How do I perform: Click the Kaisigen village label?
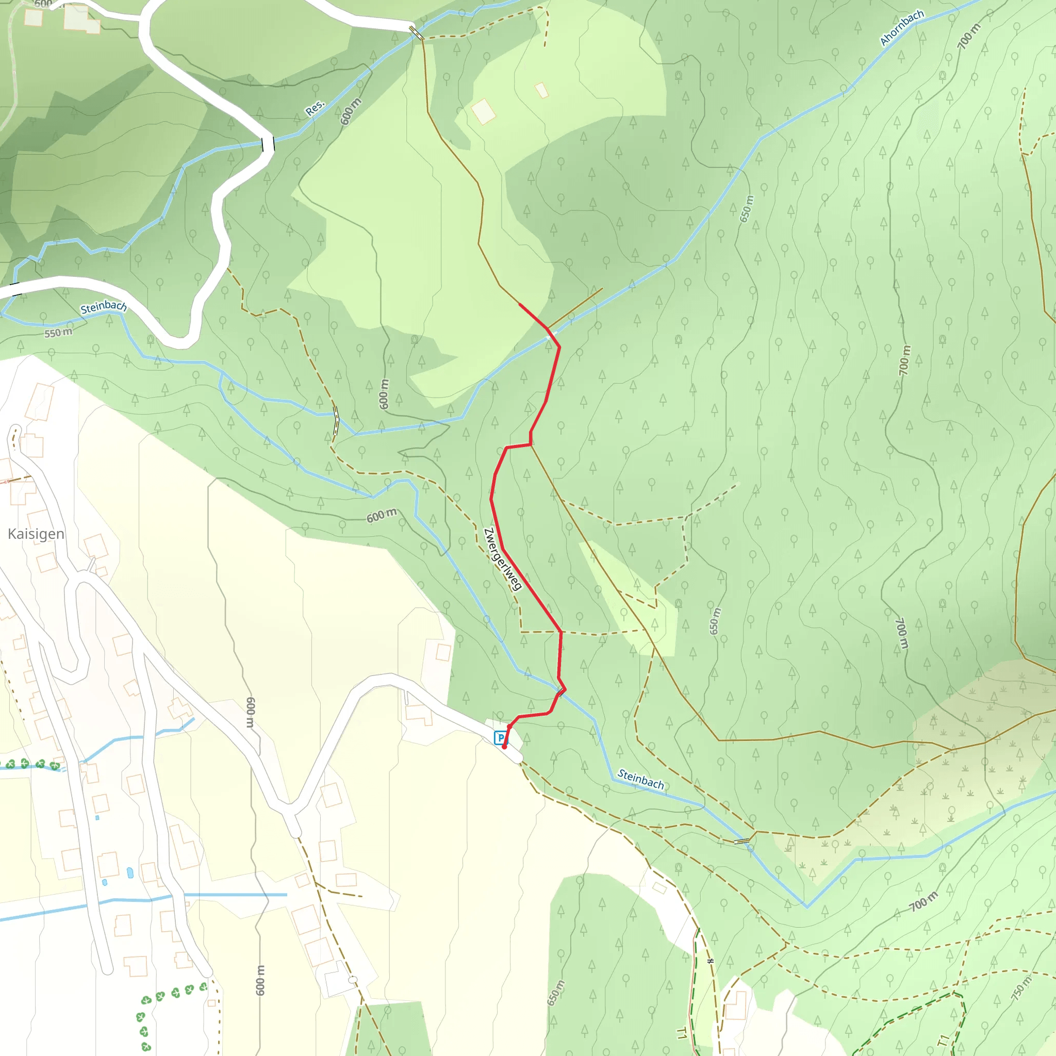[36, 534]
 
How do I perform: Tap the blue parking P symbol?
[500, 738]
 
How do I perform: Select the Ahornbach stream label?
[901, 27]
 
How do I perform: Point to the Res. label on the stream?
[315, 108]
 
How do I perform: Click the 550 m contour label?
[58, 333]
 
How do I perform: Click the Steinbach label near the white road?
[103, 307]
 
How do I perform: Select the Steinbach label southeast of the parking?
[640, 779]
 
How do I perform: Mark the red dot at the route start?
[504, 747]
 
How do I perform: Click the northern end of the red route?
[519, 304]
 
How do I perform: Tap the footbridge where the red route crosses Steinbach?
[562, 692]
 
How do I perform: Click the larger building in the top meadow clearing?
[483, 111]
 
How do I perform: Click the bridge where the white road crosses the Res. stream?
[268, 144]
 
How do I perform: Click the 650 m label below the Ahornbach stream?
[746, 209]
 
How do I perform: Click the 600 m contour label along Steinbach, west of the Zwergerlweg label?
[381, 516]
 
